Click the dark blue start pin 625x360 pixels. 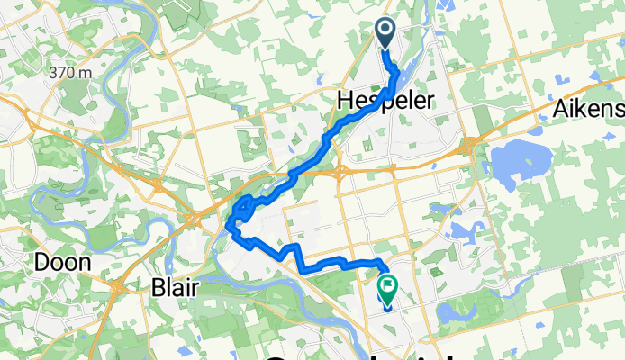tap(385, 33)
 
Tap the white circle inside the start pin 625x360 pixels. tap(385, 31)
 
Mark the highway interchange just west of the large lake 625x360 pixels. tap(471, 147)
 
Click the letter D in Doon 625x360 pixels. tap(41, 263)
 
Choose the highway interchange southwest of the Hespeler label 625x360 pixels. tap(343, 171)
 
